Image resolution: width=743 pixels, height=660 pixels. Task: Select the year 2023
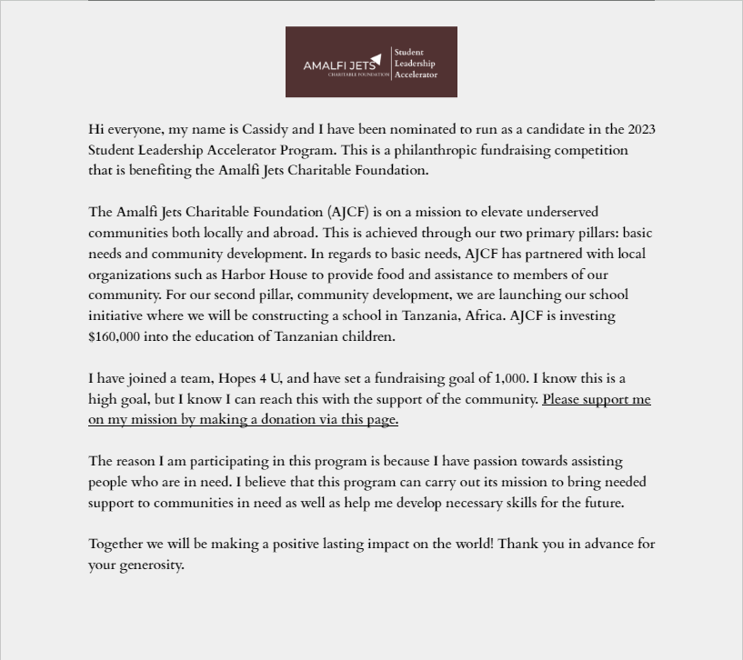pos(641,129)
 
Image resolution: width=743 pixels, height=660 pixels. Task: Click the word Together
pos(115,544)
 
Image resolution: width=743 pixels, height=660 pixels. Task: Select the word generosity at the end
pos(150,565)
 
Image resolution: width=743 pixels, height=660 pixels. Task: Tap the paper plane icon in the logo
pos(376,58)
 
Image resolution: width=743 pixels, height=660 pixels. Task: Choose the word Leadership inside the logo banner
pos(415,64)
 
